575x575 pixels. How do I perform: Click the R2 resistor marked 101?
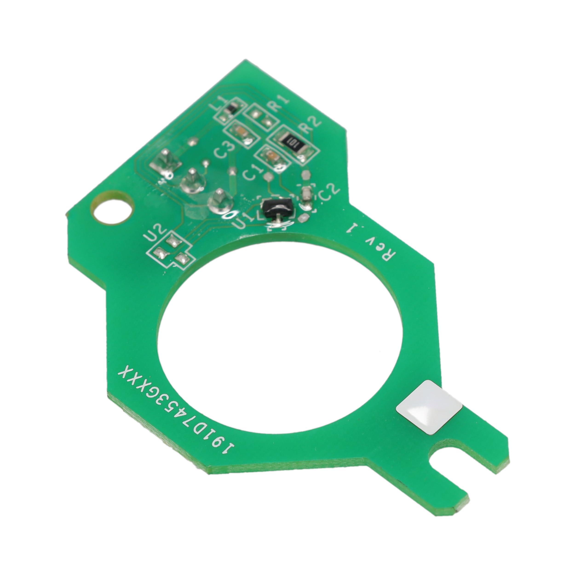(293, 145)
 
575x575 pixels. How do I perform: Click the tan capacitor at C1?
(271, 157)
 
